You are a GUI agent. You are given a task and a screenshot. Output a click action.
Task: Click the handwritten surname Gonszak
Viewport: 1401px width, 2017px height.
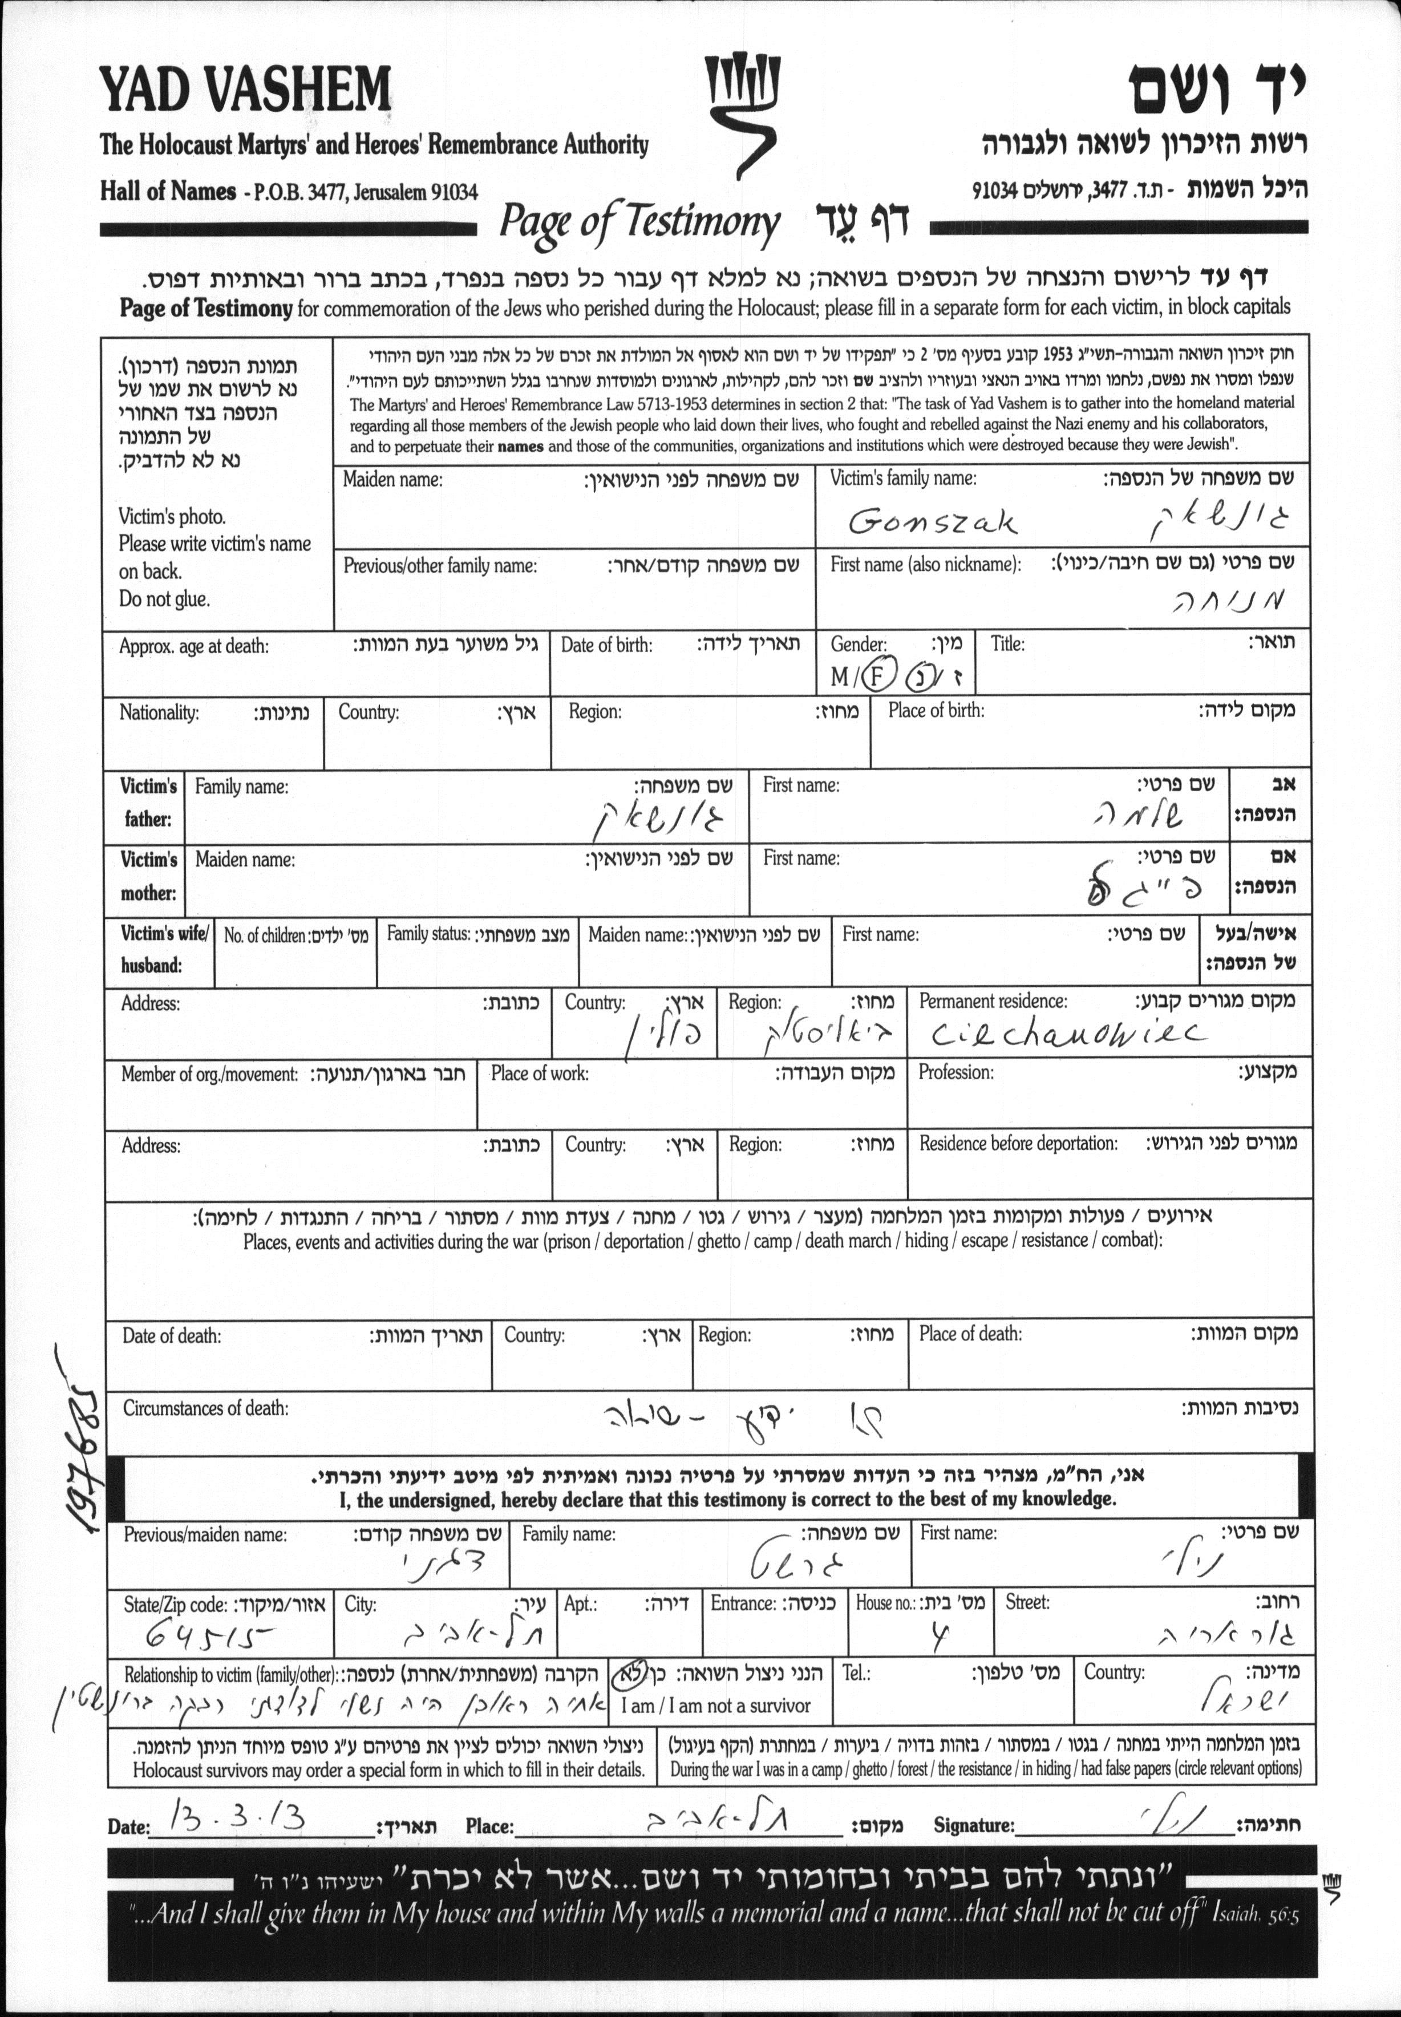coord(932,523)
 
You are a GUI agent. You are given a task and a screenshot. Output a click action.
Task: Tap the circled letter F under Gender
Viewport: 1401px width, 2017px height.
coord(876,677)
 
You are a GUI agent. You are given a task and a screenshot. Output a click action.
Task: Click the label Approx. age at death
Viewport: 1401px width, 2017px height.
coord(194,647)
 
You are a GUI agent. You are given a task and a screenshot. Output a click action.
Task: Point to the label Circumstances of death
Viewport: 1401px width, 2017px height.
coord(205,1408)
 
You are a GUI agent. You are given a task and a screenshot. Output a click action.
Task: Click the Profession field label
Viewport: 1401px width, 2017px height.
coord(956,1072)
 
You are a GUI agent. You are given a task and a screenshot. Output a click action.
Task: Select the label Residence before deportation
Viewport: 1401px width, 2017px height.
coord(1018,1144)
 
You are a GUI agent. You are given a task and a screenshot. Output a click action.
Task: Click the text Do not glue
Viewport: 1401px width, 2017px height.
coord(164,600)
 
